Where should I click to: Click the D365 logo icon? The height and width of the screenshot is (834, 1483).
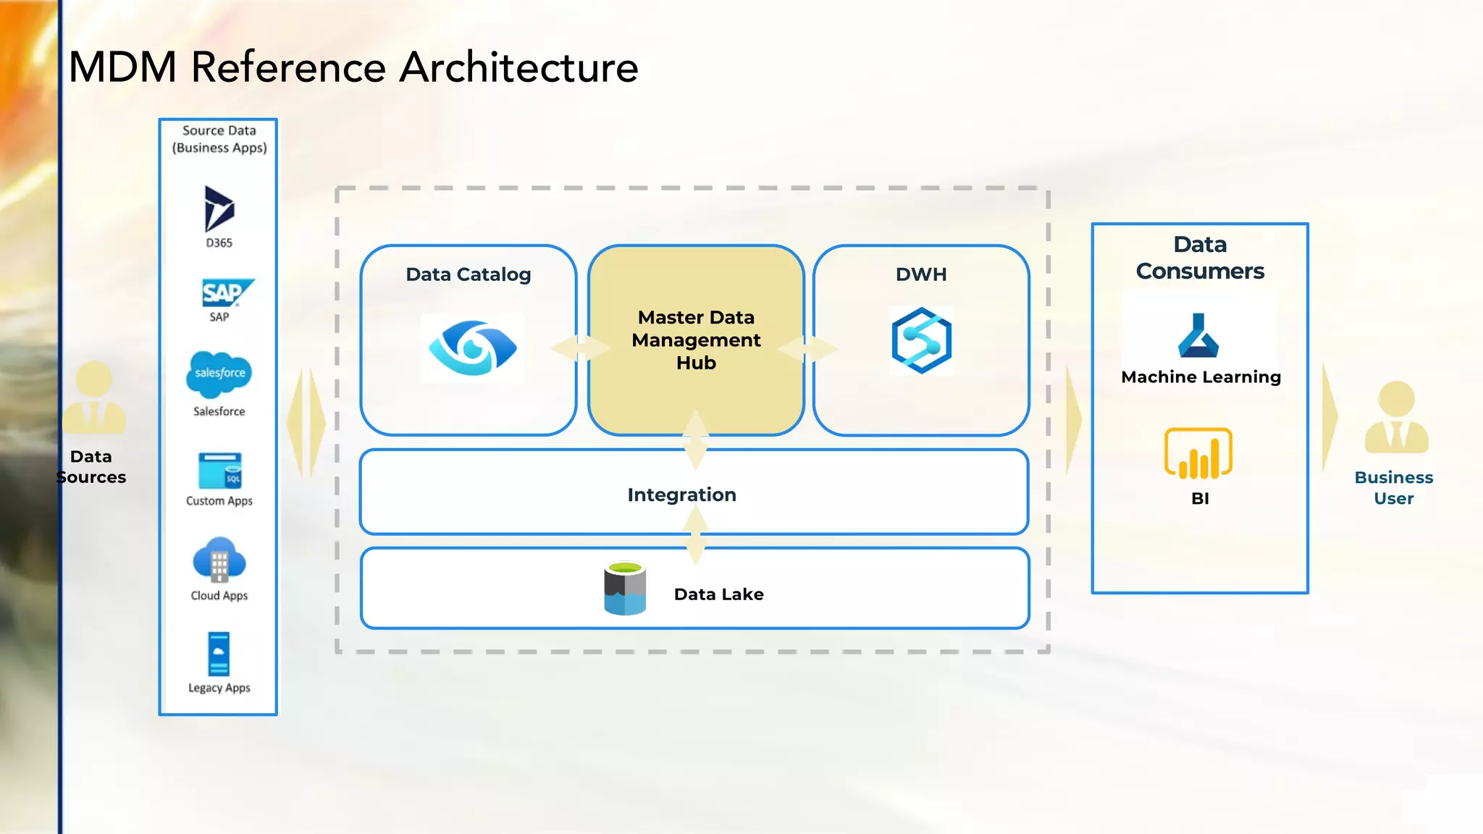coord(219,208)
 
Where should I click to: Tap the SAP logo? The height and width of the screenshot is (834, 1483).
coord(225,292)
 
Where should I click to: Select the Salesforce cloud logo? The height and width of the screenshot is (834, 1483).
coord(219,374)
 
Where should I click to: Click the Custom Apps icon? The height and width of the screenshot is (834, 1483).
coord(219,471)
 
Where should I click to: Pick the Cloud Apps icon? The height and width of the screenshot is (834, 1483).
coord(219,560)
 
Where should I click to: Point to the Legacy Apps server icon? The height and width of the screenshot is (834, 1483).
coord(219,654)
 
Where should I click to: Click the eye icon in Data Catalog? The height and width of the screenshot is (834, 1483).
coord(473,348)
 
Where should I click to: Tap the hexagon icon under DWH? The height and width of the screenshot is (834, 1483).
coord(921,340)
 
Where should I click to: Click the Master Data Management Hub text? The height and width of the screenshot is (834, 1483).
coord(696,340)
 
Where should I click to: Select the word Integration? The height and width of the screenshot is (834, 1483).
coord(681,494)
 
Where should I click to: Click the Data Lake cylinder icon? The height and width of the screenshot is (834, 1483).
coord(625,589)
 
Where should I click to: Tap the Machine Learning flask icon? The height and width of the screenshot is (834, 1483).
coord(1198,336)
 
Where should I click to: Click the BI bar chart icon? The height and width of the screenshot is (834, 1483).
coord(1198,454)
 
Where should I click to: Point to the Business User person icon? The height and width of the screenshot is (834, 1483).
coord(1396,418)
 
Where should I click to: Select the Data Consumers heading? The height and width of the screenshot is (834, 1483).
coord(1200,258)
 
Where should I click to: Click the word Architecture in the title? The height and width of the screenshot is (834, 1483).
coord(518,67)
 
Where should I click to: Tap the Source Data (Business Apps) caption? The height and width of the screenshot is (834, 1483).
coord(219,139)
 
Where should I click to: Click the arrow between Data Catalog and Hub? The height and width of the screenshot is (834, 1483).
coord(581,348)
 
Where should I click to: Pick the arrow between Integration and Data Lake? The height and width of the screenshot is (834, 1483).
coord(695,536)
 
